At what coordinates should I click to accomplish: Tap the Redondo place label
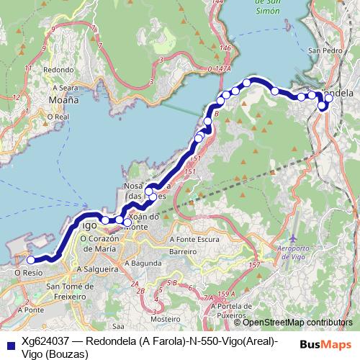tap(58, 70)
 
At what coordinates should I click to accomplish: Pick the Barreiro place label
tap(182, 252)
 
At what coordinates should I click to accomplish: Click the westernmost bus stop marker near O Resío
tap(31, 260)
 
